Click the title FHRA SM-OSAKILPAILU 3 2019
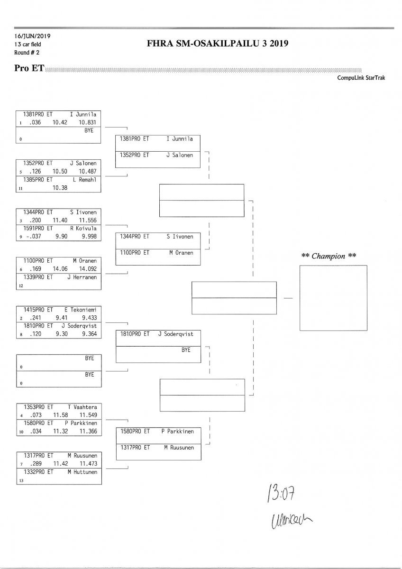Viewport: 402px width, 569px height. [x=218, y=44]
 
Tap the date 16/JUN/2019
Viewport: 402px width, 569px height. [x=33, y=36]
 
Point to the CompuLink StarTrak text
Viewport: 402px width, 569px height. [x=361, y=78]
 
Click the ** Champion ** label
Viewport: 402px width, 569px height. [x=329, y=256]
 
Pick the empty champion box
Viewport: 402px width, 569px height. [x=333, y=298]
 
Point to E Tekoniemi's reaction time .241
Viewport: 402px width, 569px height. [x=36, y=318]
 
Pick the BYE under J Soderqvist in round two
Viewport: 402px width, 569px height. [x=186, y=350]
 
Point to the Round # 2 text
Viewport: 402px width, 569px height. [x=27, y=52]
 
